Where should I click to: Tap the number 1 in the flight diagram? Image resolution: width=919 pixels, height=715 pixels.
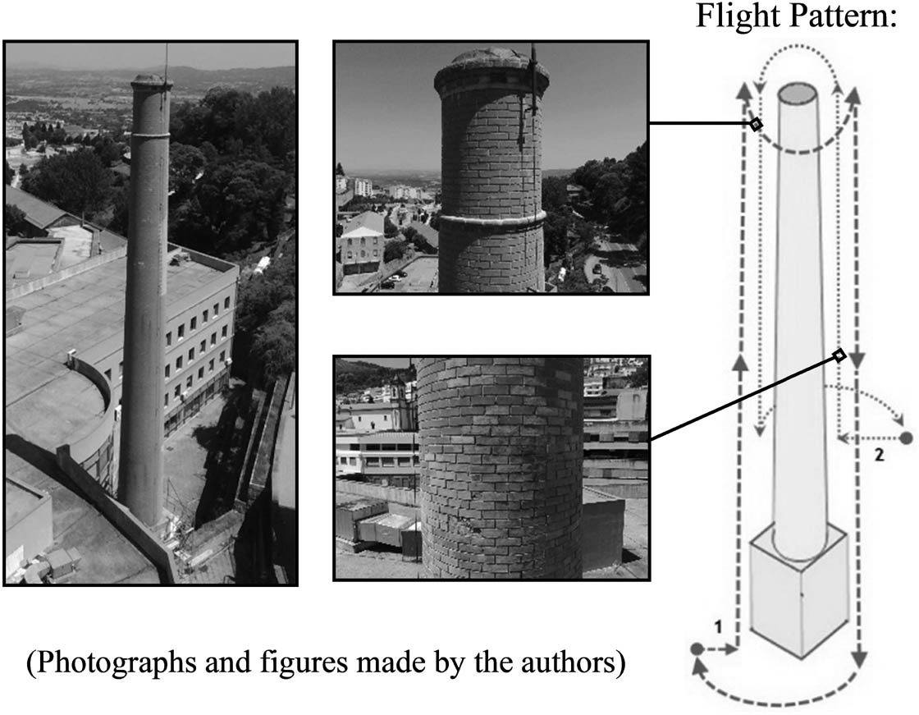click(717, 628)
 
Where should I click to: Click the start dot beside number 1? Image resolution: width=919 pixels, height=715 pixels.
click(697, 649)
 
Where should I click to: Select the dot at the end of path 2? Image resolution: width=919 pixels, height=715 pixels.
click(906, 438)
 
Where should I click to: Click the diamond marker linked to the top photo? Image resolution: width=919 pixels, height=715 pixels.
click(756, 124)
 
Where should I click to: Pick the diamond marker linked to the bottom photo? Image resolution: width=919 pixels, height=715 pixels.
click(839, 355)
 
